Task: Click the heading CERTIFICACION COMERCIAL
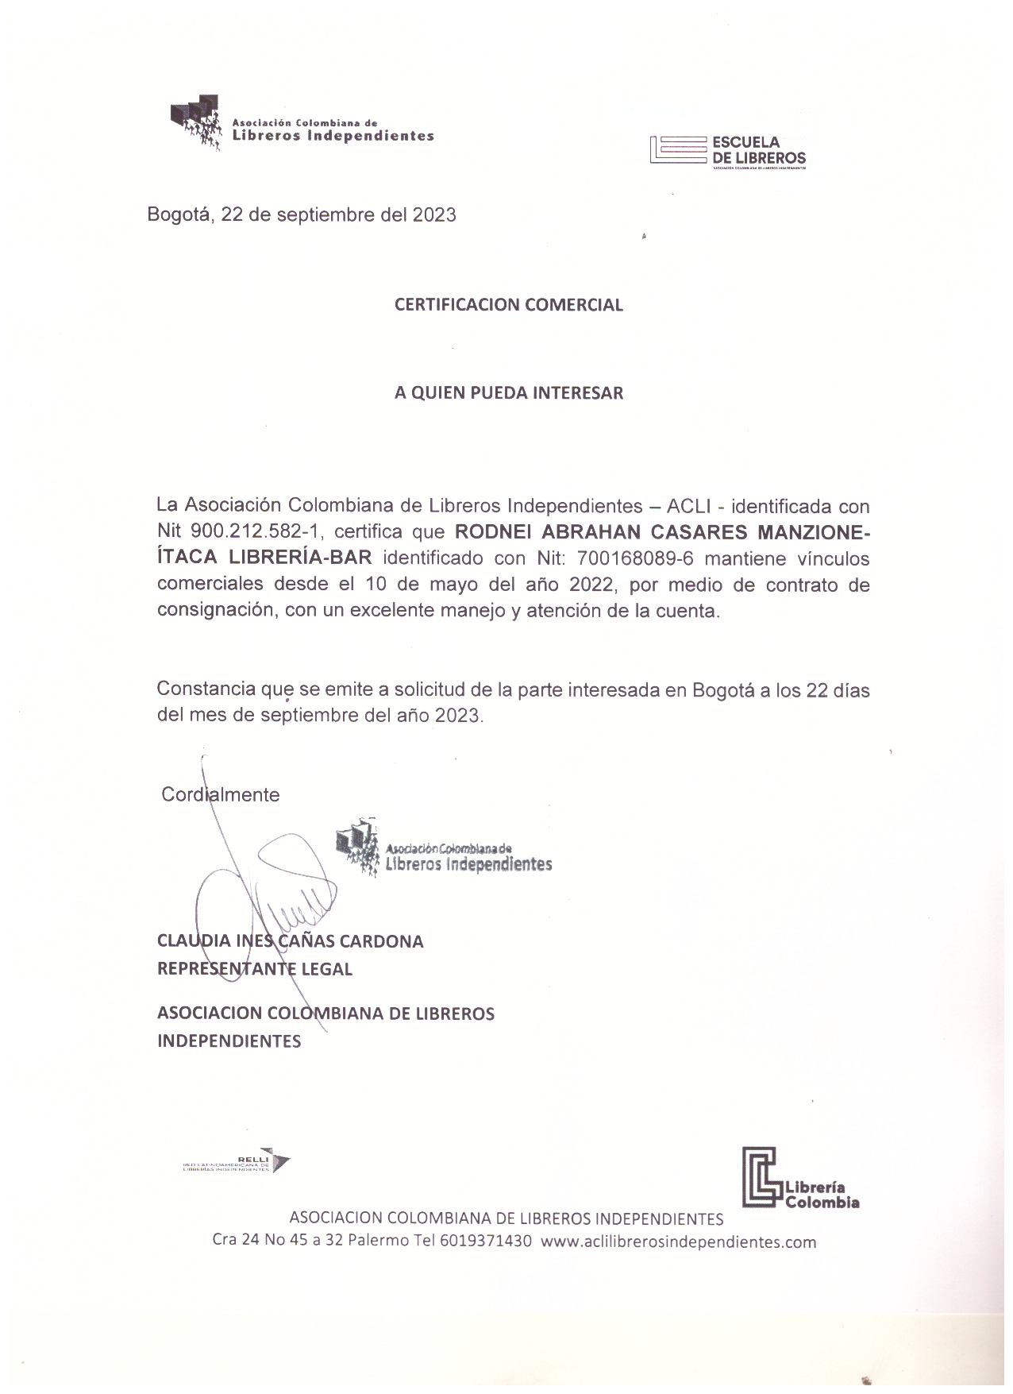tap(508, 305)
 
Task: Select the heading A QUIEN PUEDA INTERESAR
tap(508, 392)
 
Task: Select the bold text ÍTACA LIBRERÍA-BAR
tap(264, 558)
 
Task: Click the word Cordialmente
tap(220, 794)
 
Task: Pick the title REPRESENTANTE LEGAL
tap(254, 969)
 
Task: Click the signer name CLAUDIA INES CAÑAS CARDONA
tap(290, 941)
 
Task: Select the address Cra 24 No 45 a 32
tap(276, 1241)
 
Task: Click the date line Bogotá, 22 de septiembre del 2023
tap(302, 214)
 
